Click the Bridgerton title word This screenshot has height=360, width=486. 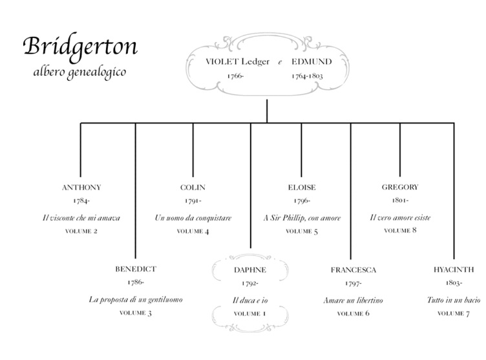click(80, 47)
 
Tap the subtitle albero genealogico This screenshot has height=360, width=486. click(80, 70)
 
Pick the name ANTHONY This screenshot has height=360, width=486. click(81, 187)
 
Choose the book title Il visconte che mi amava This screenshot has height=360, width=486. click(81, 218)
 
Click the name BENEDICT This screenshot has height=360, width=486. click(136, 269)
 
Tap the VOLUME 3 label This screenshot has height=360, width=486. click(136, 313)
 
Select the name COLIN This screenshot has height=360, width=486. click(193, 187)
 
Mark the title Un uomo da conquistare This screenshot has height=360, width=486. click(193, 218)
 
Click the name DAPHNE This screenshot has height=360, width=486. click(250, 270)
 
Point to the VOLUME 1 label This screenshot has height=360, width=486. click(250, 313)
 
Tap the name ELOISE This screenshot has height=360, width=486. click(302, 187)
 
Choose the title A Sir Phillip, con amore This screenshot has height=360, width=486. click(302, 218)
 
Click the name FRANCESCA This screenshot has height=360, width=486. click(353, 270)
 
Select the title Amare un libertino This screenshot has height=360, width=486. click(353, 300)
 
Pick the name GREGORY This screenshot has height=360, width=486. click(400, 187)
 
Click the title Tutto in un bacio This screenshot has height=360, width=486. click(453, 300)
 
